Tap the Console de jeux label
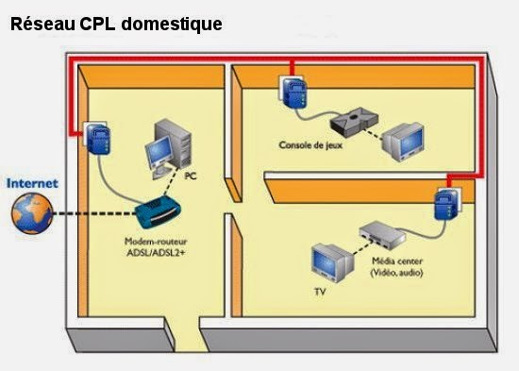click(310, 145)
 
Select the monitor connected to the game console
click(405, 139)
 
